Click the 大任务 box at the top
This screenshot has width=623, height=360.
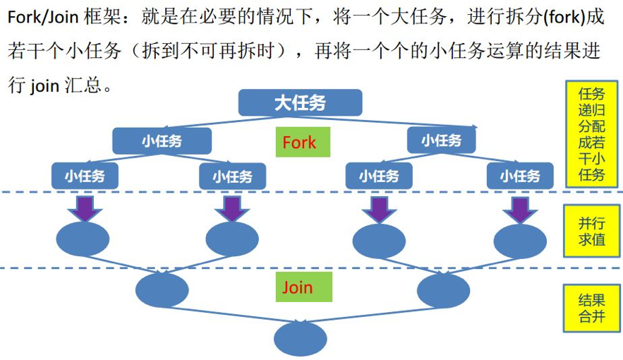pos(300,102)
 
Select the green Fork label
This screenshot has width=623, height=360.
pos(299,143)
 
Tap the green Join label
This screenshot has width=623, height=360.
pos(297,288)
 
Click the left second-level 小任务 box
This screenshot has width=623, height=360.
pos(162,140)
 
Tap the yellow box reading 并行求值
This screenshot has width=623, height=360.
pos(591,231)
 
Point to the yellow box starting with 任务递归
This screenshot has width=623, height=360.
pos(591,134)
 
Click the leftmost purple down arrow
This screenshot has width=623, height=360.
pos(85,208)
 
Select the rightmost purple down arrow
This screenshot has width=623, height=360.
pos(520,208)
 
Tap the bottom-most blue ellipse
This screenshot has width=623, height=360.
pos(300,337)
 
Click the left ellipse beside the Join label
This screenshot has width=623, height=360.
pos(162,290)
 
